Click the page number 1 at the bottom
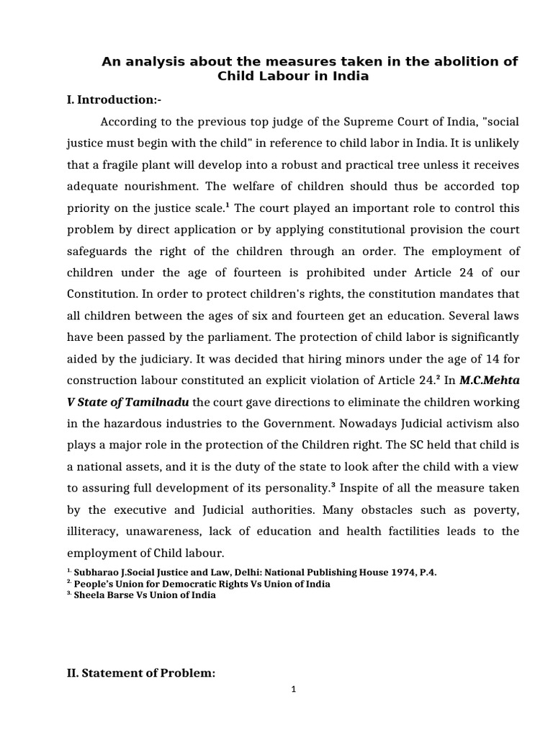click(x=294, y=688)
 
